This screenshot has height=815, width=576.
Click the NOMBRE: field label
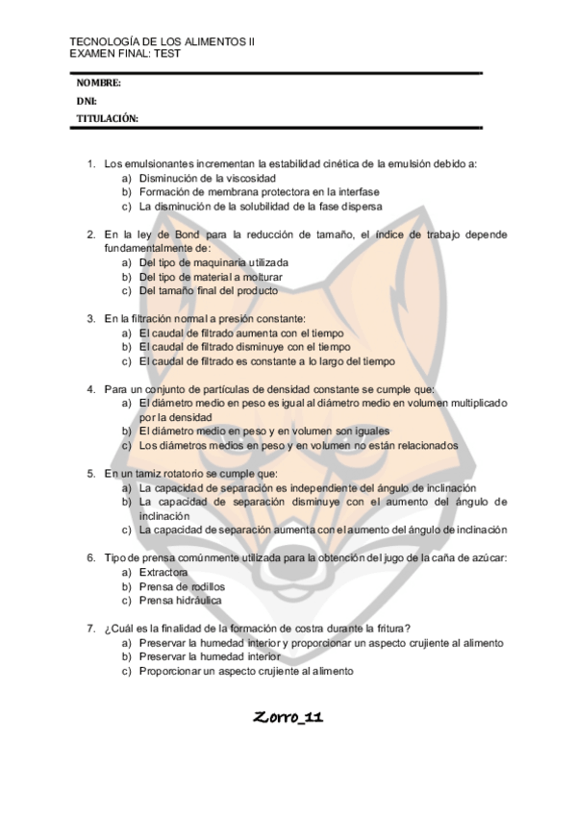[x=98, y=84]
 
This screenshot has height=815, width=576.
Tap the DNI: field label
[x=86, y=101]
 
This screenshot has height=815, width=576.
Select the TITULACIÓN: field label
[x=107, y=118]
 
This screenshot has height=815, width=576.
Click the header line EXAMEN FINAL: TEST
[x=125, y=54]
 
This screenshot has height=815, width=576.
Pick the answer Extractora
[x=163, y=572]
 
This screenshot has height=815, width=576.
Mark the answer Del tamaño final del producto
[x=209, y=290]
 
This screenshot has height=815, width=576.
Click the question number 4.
[x=90, y=389]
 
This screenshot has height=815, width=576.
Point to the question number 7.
[x=90, y=628]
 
